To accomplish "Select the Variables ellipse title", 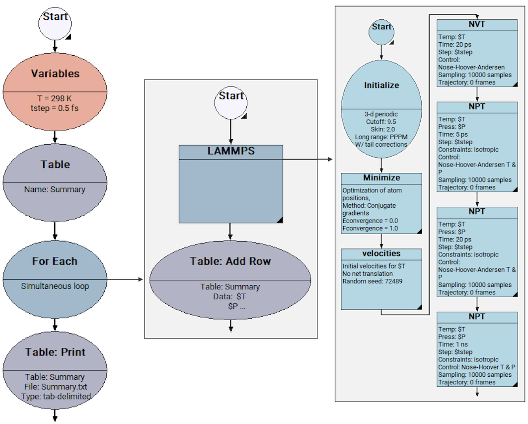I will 55,74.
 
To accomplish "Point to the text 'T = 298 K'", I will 55,99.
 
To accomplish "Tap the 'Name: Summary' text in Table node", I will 55,189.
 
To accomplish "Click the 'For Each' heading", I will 55,261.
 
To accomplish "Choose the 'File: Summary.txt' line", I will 55,387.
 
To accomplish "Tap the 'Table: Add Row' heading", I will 230,261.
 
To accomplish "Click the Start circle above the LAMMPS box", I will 231,101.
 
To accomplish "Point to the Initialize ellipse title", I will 381,85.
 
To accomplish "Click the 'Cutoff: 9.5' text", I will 381,121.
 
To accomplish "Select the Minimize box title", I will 381,178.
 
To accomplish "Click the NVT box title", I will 477,24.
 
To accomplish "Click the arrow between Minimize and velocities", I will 381,241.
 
